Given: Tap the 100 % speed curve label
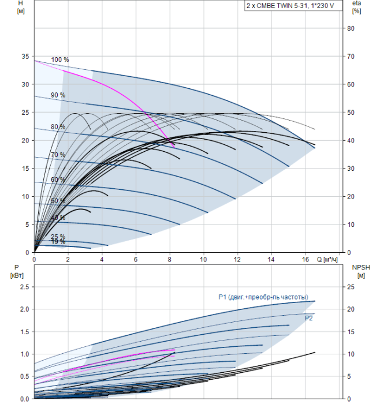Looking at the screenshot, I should pos(60,59).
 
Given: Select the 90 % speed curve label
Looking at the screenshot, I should pos(58,95).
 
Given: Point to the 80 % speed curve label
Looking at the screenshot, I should pos(58,126).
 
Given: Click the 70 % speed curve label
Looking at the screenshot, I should pos(58,155).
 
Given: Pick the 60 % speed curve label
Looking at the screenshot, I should pos(58,179).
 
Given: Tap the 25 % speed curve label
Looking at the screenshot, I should pos(58,237).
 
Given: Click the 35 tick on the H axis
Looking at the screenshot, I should pos(24,57).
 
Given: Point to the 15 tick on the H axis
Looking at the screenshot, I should pos(24,169).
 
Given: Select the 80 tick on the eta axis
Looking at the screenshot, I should pos(350,28).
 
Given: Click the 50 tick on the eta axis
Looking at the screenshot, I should pos(350,113).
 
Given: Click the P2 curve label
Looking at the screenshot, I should pos(308,318).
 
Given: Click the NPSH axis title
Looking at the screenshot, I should pos(358,271).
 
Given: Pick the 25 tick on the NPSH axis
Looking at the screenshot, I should pos(350,286).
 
